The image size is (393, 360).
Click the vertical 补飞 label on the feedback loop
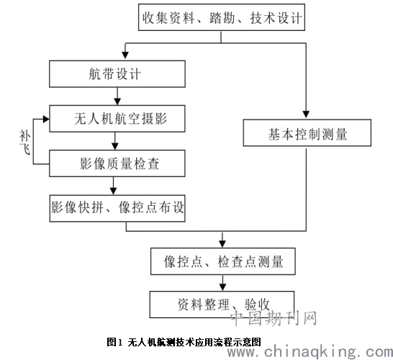[24, 142]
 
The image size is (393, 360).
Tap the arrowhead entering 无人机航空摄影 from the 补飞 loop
[46, 120]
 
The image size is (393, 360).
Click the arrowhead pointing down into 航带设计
[125, 55]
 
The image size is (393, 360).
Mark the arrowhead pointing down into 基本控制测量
[306, 114]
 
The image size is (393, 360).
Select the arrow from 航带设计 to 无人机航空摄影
[117, 96]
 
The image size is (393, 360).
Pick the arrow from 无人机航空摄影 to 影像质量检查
[115, 141]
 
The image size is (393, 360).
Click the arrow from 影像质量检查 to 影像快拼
[114, 186]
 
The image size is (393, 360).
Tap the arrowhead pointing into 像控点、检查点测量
[222, 243]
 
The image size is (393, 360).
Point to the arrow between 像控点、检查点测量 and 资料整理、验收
[222, 283]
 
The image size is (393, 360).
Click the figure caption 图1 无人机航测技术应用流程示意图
[184, 342]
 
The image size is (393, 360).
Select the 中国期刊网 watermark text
[274, 318]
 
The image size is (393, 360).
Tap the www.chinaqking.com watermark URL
[310, 351]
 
